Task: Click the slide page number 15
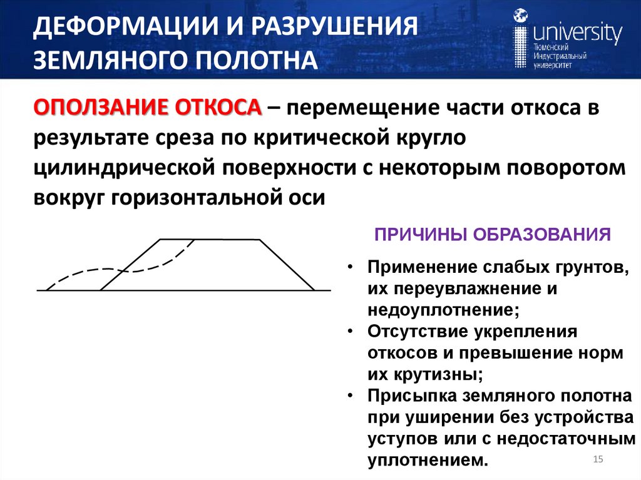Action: pyautogui.click(x=597, y=461)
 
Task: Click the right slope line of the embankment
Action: pyautogui.click(x=287, y=265)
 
